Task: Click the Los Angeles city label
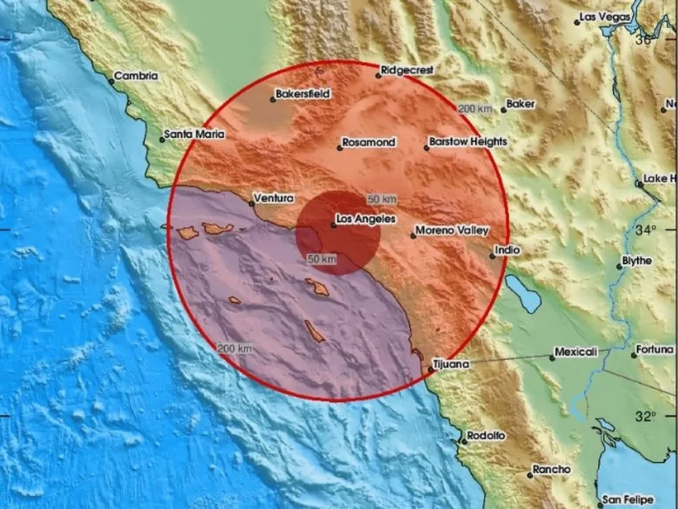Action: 366,219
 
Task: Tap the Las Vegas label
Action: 606,16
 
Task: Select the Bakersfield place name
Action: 303,94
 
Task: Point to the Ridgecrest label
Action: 407,69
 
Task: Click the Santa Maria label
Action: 195,135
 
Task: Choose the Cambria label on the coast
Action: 137,76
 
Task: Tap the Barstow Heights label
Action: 469,142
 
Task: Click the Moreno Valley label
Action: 452,230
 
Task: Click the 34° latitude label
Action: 646,230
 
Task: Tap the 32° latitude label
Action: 646,416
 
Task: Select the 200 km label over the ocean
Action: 235,348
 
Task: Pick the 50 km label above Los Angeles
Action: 382,199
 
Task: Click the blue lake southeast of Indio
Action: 523,293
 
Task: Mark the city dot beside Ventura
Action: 252,203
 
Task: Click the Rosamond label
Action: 369,143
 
